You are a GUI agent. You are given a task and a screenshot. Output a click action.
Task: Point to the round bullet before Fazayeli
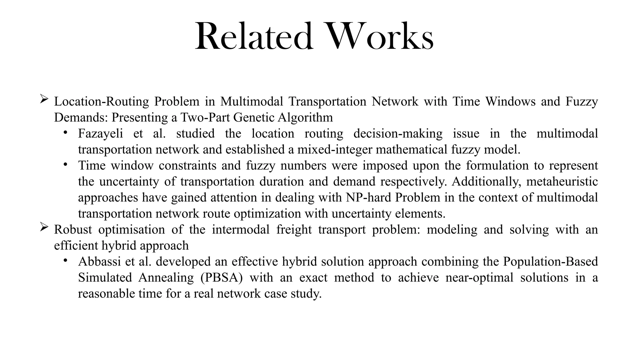(65, 132)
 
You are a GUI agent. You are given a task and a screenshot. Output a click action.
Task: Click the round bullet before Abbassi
(65, 260)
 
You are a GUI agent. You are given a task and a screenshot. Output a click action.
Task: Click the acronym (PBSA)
(222, 277)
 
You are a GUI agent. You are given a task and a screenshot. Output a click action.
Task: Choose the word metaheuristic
(562, 182)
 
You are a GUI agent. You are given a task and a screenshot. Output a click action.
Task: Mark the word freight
(294, 230)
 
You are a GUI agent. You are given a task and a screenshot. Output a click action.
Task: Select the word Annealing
(166, 277)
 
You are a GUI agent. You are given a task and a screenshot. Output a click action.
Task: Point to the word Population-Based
(550, 262)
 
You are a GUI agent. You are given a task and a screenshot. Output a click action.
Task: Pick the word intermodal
(241, 230)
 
